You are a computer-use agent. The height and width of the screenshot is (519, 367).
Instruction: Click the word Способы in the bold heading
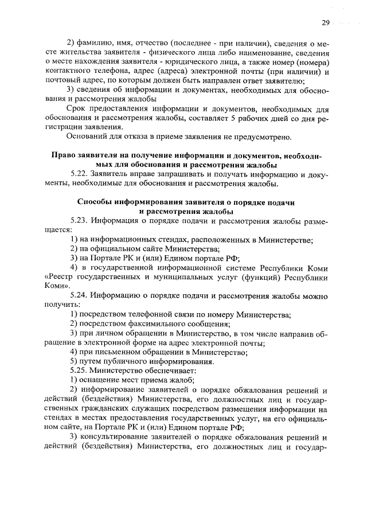coord(96,203)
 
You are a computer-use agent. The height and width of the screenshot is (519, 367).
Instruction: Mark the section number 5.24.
coord(79,296)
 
